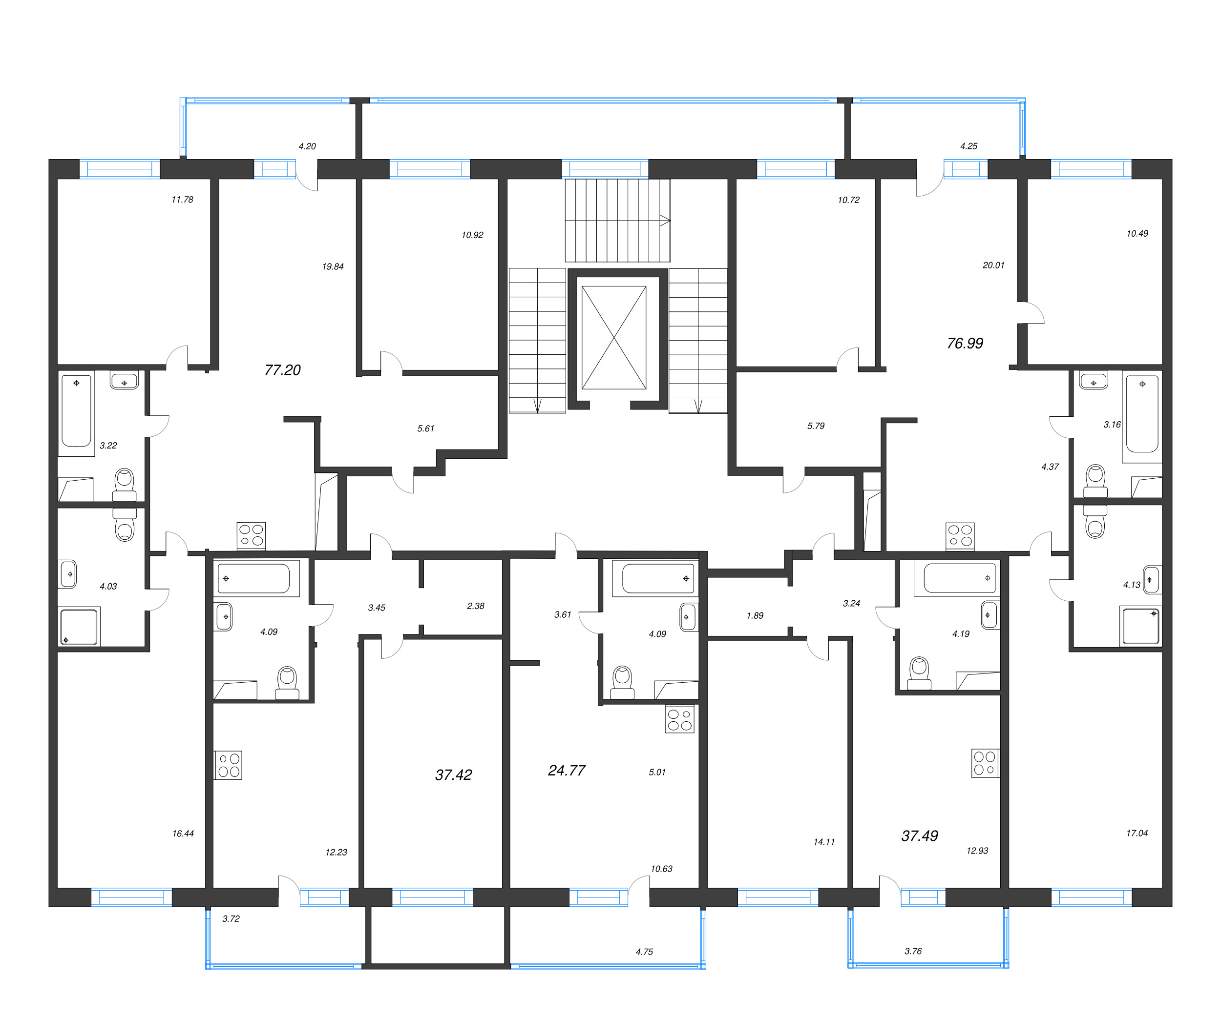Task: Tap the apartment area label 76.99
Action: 965,344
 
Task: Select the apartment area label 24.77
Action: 567,771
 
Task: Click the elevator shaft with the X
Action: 613,338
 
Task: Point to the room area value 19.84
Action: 333,267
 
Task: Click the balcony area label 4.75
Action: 644,952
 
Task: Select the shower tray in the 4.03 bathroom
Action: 79,627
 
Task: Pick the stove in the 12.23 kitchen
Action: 228,765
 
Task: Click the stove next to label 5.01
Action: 680,719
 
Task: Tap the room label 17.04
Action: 1137,833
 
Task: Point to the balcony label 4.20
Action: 307,146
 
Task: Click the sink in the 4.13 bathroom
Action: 1151,580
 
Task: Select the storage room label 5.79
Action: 815,426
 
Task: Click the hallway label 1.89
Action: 755,615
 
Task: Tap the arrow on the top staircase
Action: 665,221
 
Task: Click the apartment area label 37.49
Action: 919,836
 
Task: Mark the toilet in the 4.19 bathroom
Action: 919,673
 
